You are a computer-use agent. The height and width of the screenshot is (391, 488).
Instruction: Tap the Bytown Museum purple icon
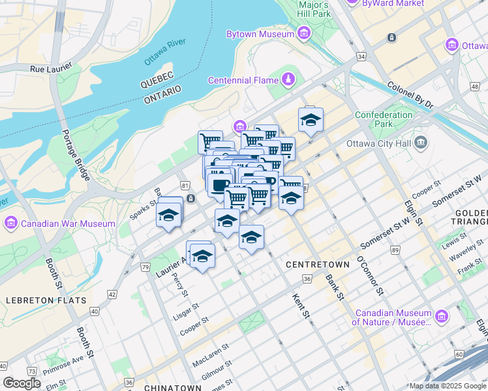pyautogui.click(x=303, y=33)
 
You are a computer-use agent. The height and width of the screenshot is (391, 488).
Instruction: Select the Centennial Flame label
pyautogui.click(x=244, y=80)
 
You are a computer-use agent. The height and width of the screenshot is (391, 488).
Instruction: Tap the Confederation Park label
pyautogui.click(x=384, y=120)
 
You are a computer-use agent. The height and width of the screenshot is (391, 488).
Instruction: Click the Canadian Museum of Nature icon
pyautogui.click(x=442, y=316)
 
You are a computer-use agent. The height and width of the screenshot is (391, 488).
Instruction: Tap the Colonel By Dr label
pyautogui.click(x=410, y=94)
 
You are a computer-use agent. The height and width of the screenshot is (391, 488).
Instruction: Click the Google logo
pyautogui.click(x=22, y=383)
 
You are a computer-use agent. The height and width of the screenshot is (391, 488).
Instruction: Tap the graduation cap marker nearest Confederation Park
pyautogui.click(x=311, y=120)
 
